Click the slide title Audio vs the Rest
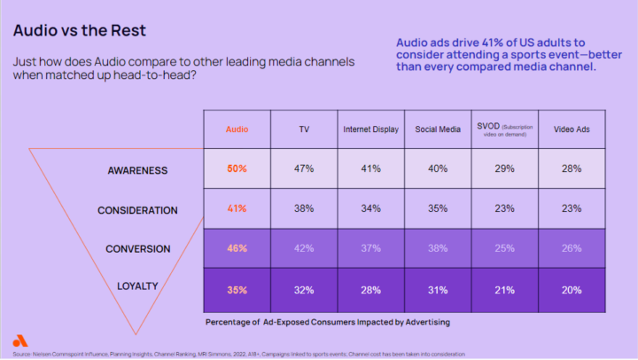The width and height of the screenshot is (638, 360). (x=79, y=30)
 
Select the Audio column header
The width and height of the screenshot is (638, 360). (x=237, y=129)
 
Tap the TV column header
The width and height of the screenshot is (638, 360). (x=303, y=129)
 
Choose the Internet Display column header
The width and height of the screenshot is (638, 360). (x=370, y=129)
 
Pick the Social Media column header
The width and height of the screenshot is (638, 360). (x=438, y=129)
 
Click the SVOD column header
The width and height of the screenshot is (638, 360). (x=504, y=129)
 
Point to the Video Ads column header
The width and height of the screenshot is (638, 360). (x=572, y=129)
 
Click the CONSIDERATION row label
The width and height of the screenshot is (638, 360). (x=137, y=210)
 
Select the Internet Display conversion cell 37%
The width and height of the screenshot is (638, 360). (x=370, y=249)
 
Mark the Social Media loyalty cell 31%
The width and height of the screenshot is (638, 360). (x=438, y=288)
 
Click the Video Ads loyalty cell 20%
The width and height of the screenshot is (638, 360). (x=572, y=288)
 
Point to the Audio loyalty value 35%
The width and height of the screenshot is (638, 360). (x=237, y=288)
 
